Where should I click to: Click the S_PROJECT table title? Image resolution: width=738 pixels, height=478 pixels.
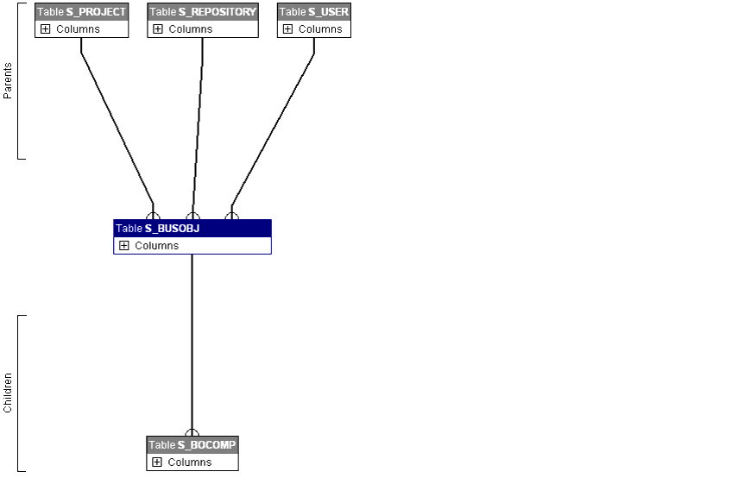[82, 12]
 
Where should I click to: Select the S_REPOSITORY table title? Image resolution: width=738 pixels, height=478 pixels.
[203, 12]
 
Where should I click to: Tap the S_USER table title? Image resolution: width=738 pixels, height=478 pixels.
[314, 12]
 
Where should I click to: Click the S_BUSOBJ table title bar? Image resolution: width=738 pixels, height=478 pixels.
[192, 229]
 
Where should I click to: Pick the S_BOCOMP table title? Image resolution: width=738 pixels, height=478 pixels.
[192, 445]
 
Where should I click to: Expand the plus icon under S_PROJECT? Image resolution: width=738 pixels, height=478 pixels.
[45, 29]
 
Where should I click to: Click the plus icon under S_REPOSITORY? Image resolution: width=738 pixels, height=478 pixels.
[157, 29]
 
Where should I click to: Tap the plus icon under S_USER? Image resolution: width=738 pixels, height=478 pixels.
[287, 29]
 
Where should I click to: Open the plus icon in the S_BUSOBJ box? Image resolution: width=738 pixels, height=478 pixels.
[123, 246]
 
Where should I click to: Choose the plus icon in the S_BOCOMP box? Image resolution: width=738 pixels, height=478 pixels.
[156, 462]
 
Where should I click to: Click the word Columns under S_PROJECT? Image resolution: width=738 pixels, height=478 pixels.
[78, 29]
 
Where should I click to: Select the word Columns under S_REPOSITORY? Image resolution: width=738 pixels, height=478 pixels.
[190, 29]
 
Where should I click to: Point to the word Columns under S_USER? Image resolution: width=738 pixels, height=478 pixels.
[320, 29]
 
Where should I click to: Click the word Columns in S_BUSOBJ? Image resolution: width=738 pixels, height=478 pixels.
[156, 246]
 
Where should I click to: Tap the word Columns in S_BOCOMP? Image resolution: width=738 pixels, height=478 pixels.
[189, 462]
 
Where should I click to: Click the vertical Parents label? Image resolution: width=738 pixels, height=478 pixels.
[8, 80]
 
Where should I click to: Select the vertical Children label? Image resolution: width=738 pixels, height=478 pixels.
[8, 393]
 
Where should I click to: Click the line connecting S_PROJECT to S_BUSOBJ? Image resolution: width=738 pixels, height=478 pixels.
[117, 125]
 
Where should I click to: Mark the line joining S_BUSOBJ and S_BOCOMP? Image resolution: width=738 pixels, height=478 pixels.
[192, 345]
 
